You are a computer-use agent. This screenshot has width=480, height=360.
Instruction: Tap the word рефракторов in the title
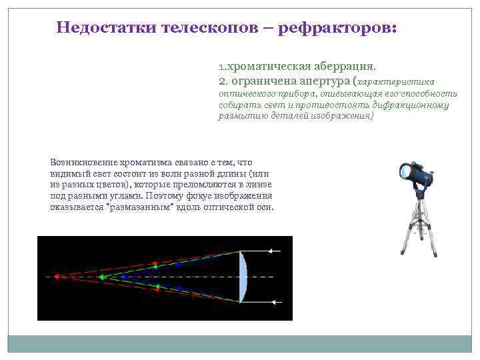(336, 28)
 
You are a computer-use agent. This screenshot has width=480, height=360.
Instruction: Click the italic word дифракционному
(416, 105)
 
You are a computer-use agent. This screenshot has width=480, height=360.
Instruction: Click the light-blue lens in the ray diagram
(243, 276)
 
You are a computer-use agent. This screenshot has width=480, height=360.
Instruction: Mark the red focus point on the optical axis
(57, 276)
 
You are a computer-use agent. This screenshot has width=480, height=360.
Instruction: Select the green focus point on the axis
(101, 276)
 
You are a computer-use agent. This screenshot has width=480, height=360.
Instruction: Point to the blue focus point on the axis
(124, 276)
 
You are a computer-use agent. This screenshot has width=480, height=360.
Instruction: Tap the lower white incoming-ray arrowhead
(273, 302)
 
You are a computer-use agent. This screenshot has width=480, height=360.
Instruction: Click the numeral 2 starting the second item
(222, 81)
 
